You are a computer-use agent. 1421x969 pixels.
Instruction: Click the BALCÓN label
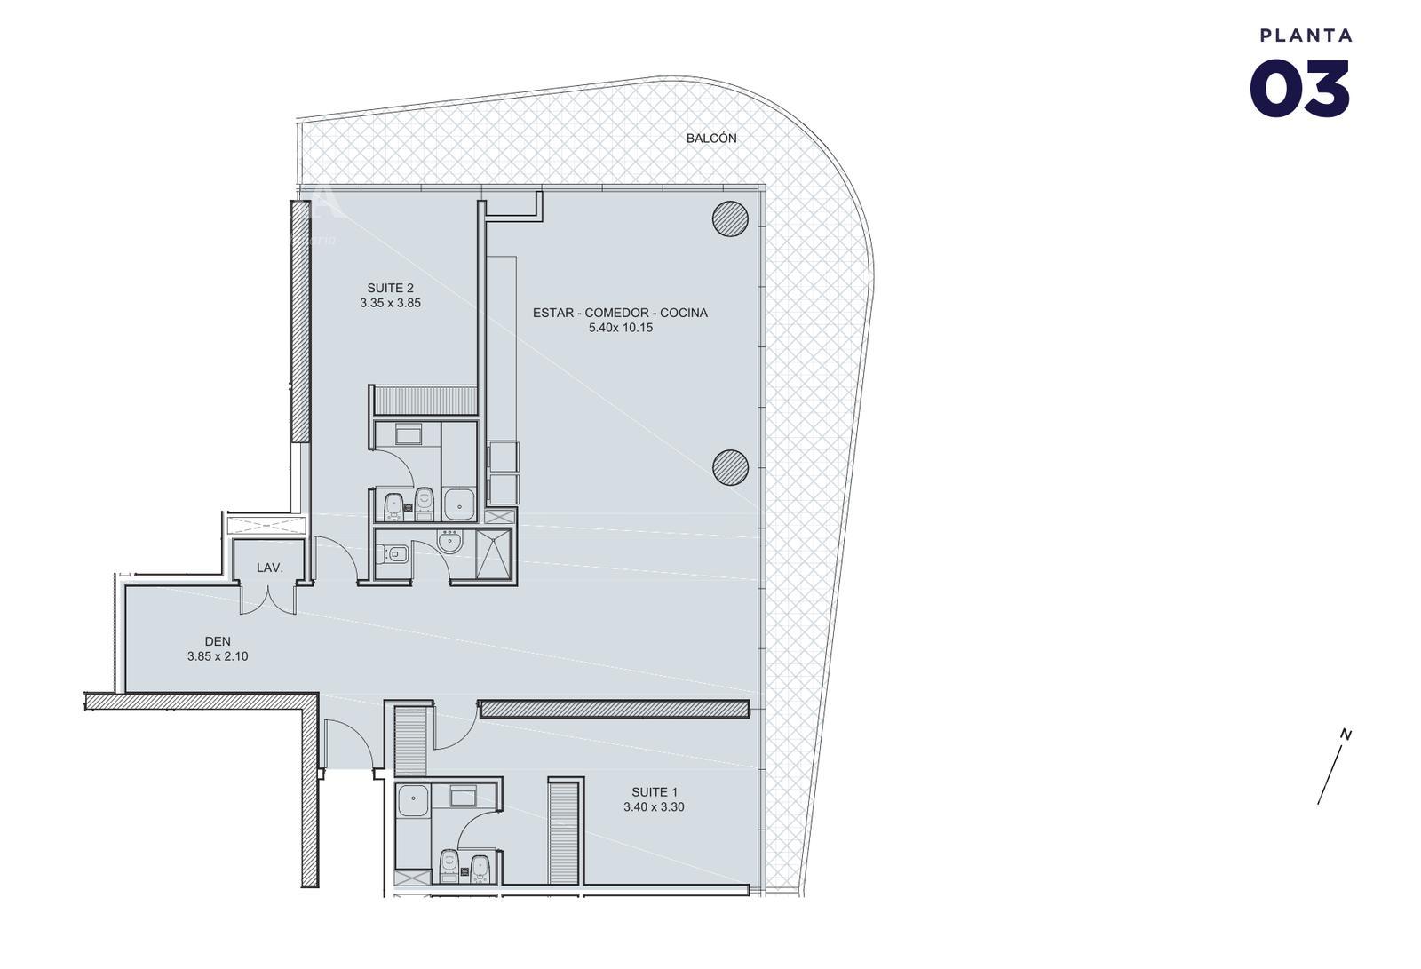click(711, 138)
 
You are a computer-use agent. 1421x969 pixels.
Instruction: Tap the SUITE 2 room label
click(390, 288)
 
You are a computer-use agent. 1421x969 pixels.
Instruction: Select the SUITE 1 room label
click(654, 792)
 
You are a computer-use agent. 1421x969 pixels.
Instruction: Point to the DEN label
click(218, 641)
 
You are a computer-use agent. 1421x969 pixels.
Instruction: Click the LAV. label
click(270, 568)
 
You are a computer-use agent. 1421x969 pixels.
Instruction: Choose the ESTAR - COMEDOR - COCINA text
click(620, 313)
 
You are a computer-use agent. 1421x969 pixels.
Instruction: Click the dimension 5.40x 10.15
click(621, 328)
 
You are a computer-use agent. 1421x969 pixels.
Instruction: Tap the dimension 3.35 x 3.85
click(390, 304)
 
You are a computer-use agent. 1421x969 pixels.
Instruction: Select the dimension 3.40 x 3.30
click(654, 807)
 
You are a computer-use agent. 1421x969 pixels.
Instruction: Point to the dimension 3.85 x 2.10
click(218, 656)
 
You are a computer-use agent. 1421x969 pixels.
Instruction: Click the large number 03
click(1300, 89)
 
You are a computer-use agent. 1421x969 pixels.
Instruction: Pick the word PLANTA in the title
click(1306, 36)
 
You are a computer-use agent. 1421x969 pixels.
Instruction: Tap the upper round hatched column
click(730, 218)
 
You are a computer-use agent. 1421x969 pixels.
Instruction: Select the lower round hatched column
click(730, 468)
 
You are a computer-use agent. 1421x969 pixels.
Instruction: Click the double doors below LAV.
click(268, 599)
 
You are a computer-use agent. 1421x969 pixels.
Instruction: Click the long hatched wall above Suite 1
click(614, 710)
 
